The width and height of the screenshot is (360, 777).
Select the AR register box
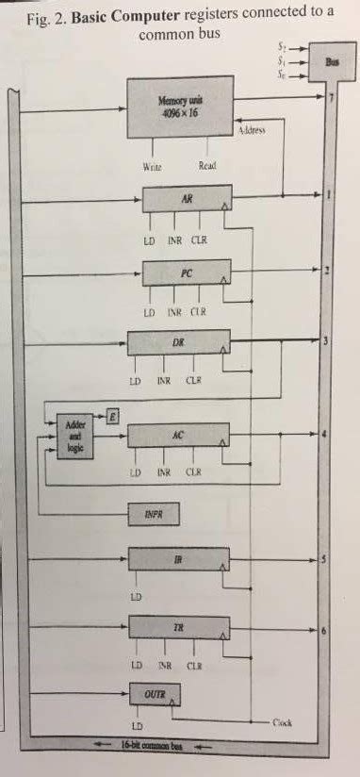click(x=187, y=200)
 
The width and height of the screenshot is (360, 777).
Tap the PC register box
click(x=187, y=273)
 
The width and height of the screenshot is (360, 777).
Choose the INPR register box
click(x=154, y=514)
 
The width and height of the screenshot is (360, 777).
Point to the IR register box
click(x=179, y=560)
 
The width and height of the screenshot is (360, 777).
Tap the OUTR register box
click(x=154, y=696)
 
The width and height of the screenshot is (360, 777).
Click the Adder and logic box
click(x=74, y=436)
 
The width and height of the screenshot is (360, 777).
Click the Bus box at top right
click(x=332, y=62)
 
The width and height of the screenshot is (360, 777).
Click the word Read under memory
click(x=207, y=165)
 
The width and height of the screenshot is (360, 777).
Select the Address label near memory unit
click(x=251, y=131)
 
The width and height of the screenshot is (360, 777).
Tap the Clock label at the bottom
click(x=283, y=723)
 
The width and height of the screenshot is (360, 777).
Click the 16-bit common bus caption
click(x=149, y=746)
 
